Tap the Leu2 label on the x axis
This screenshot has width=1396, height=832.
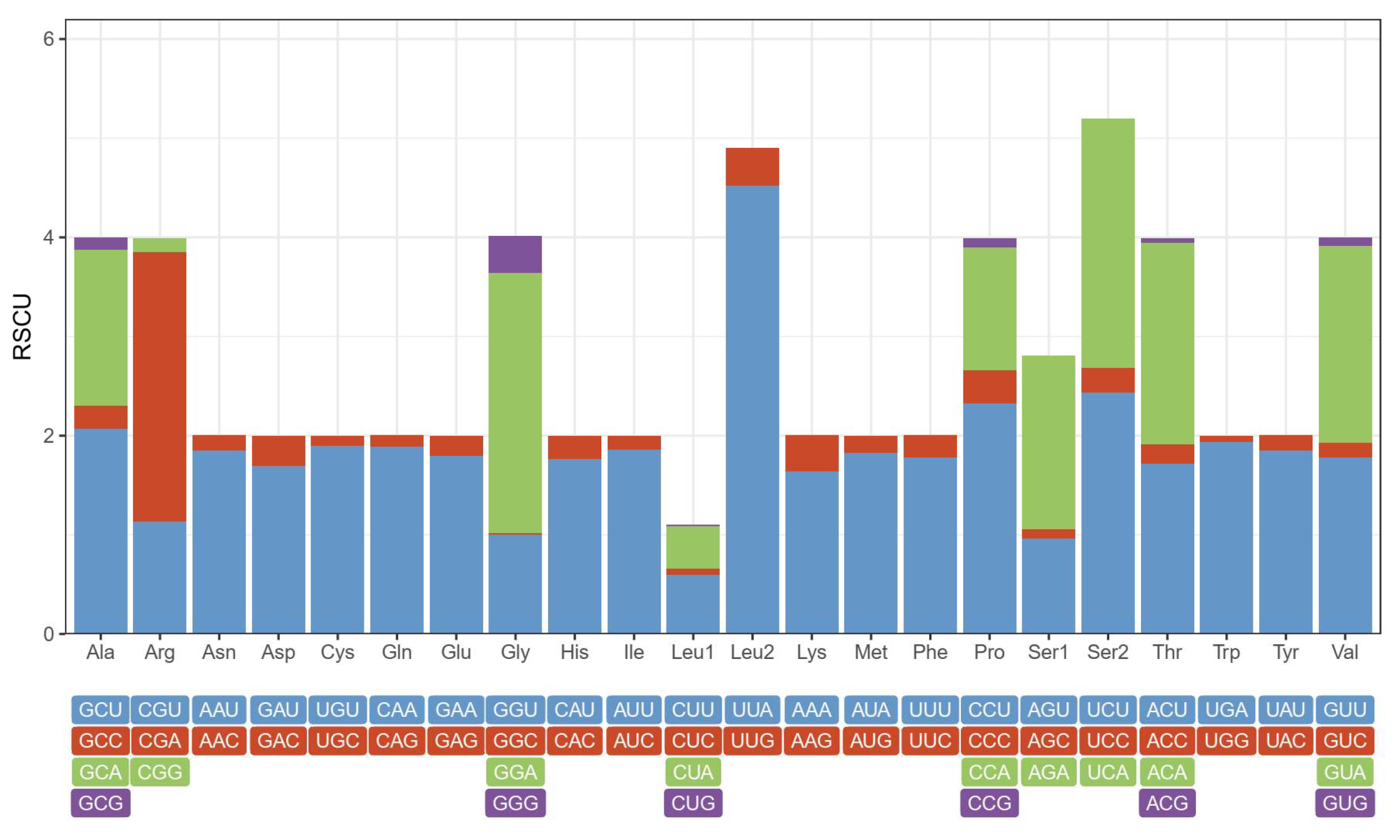pyautogui.click(x=752, y=652)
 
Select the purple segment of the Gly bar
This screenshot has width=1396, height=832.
pyautogui.click(x=515, y=254)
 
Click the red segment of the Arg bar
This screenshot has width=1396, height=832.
pyautogui.click(x=159, y=387)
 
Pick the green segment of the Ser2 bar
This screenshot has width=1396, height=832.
pyautogui.click(x=1108, y=243)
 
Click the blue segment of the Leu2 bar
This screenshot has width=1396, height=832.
pyautogui.click(x=752, y=409)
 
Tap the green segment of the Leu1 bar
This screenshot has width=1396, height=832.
pyautogui.click(x=693, y=547)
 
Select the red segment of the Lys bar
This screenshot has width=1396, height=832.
pyautogui.click(x=812, y=453)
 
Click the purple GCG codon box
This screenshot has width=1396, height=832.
pyautogui.click(x=100, y=803)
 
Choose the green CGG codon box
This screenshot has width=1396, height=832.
pyautogui.click(x=160, y=772)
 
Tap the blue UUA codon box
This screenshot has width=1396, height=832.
pyautogui.click(x=752, y=710)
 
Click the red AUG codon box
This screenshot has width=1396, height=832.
pyautogui.click(x=870, y=741)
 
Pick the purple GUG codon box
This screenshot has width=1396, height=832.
pyautogui.click(x=1344, y=803)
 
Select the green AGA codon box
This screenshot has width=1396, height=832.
pyautogui.click(x=1048, y=772)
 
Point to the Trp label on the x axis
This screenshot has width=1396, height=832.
pyautogui.click(x=1226, y=652)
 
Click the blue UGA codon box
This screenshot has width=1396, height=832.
pyautogui.click(x=1226, y=710)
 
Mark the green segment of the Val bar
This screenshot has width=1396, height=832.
pyautogui.click(x=1344, y=344)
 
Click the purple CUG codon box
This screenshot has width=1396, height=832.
pyautogui.click(x=693, y=803)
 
